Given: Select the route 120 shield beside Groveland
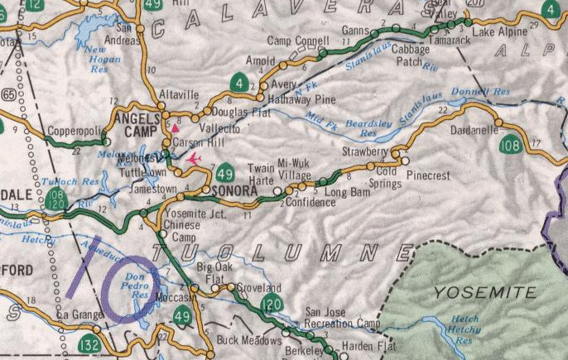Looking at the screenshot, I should (271, 305).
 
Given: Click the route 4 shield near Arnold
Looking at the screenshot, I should (238, 83).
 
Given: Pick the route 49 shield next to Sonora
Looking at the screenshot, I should (224, 174).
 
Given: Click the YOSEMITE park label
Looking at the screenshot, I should (484, 292).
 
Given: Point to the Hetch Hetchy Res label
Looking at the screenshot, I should (465, 328).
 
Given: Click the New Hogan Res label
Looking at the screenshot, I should (104, 55).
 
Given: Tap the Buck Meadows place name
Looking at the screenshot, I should (243, 340).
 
